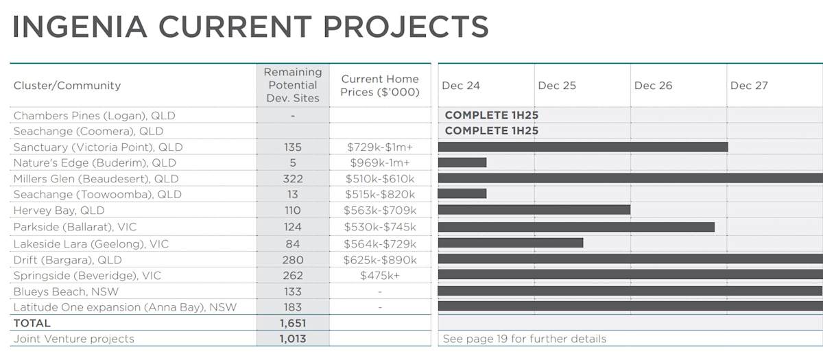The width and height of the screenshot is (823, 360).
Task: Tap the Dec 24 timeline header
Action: point(461,86)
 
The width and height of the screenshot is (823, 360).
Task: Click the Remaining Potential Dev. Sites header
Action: point(293,85)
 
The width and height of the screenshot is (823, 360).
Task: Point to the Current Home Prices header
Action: point(380,86)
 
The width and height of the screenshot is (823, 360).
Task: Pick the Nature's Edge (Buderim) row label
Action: point(95,163)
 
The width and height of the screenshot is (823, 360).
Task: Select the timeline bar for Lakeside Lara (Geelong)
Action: point(510,243)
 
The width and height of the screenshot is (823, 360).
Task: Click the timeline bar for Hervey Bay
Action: point(534,211)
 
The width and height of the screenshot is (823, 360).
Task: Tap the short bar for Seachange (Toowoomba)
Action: point(462,194)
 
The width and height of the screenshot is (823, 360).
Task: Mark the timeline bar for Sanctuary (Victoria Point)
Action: point(582,147)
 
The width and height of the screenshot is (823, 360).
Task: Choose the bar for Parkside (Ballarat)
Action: point(576,227)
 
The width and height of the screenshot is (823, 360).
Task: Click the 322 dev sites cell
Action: point(293,179)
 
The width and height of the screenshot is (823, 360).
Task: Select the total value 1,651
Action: point(293,323)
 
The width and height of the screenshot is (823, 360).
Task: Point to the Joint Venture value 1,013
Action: point(293,339)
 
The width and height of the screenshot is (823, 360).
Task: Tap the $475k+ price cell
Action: point(380,276)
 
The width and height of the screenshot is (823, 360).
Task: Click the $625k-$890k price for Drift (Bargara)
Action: point(380,260)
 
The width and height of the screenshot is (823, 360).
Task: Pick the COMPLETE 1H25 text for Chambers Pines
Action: point(491,115)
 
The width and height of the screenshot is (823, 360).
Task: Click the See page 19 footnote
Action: point(525,339)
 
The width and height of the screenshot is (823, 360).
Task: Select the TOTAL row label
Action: point(32,323)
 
